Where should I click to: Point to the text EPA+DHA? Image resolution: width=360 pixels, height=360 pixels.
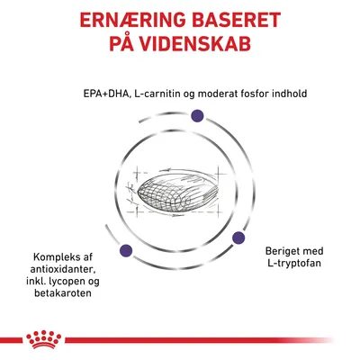(101, 90)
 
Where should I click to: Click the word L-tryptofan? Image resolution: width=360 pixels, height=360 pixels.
(292, 263)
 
